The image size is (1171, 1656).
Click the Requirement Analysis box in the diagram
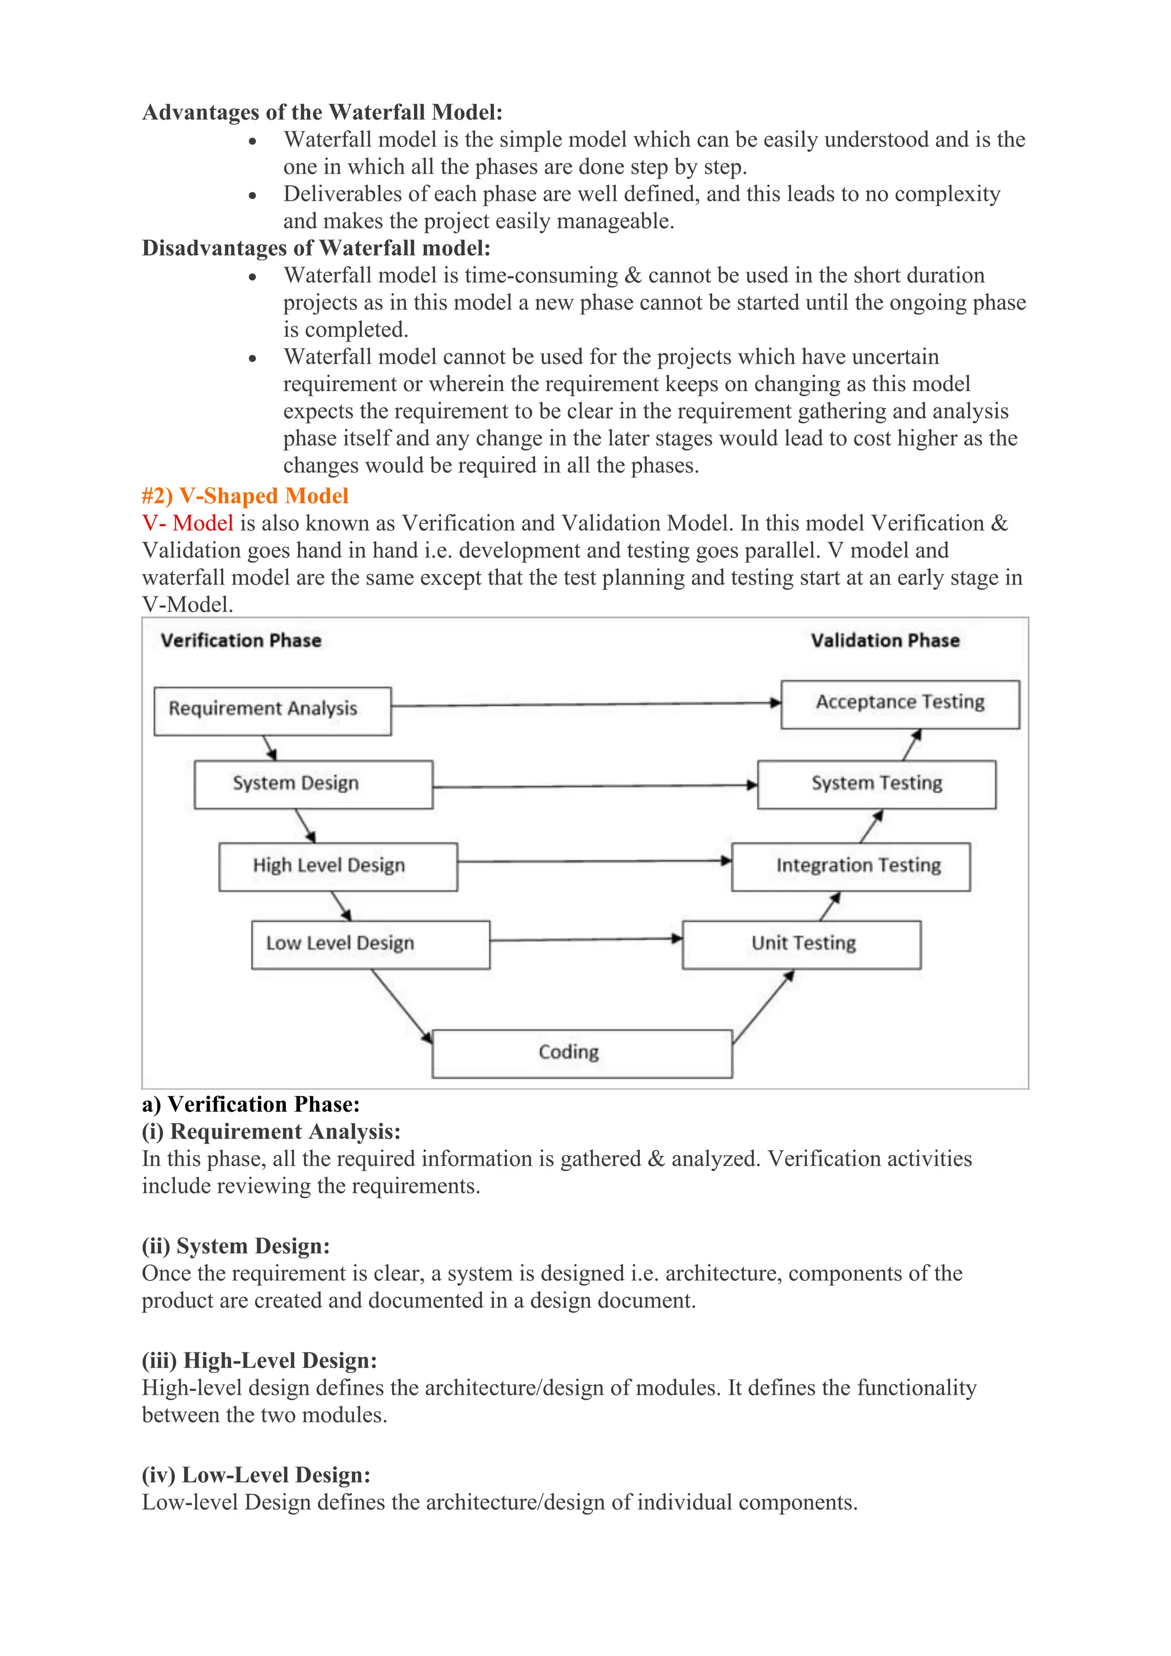tap(273, 711)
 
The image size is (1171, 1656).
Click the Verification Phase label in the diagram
tap(241, 640)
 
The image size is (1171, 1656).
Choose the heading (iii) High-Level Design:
tap(260, 1360)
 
